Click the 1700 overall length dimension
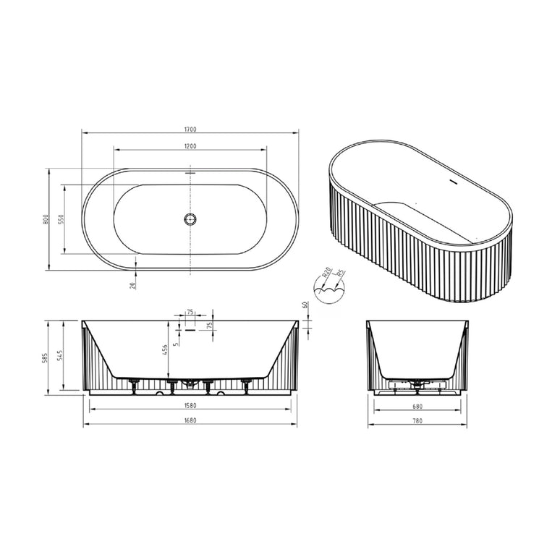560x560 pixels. click(190, 130)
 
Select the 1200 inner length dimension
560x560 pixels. click(190, 146)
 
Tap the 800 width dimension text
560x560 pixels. click(45, 219)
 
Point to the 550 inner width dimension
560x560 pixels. click(61, 219)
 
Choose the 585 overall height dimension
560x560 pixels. click(45, 357)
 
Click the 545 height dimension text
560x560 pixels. click(61, 357)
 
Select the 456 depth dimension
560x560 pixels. click(166, 349)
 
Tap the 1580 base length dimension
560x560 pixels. click(190, 405)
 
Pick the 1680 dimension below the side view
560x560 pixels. click(190, 421)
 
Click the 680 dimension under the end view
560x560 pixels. click(417, 405)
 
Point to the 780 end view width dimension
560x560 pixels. click(417, 421)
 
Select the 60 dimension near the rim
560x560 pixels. click(305, 305)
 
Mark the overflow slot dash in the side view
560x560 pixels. click(190, 328)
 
